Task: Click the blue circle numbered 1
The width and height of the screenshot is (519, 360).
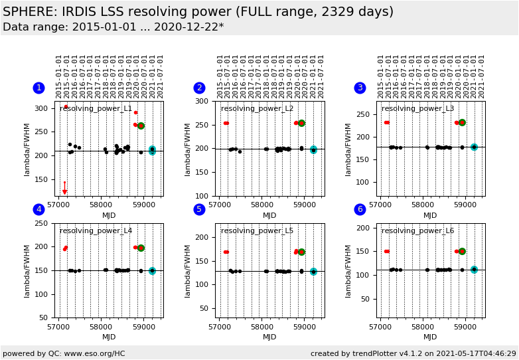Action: [38, 88]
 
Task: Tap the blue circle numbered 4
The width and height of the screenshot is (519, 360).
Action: [38, 209]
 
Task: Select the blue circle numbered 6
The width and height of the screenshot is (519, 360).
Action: [360, 209]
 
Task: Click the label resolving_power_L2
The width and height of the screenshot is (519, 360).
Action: [257, 109]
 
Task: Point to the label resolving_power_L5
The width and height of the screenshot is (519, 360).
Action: [257, 231]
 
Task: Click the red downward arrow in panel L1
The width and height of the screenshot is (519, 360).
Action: [64, 189]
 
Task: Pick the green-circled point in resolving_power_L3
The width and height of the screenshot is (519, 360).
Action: [462, 123]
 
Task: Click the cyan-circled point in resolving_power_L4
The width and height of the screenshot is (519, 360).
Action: [152, 271]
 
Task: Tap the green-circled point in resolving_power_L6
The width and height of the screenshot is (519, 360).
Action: [462, 251]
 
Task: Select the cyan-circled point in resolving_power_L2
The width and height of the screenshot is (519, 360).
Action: [313, 150]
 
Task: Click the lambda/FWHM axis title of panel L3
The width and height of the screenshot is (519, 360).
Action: [349, 149]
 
